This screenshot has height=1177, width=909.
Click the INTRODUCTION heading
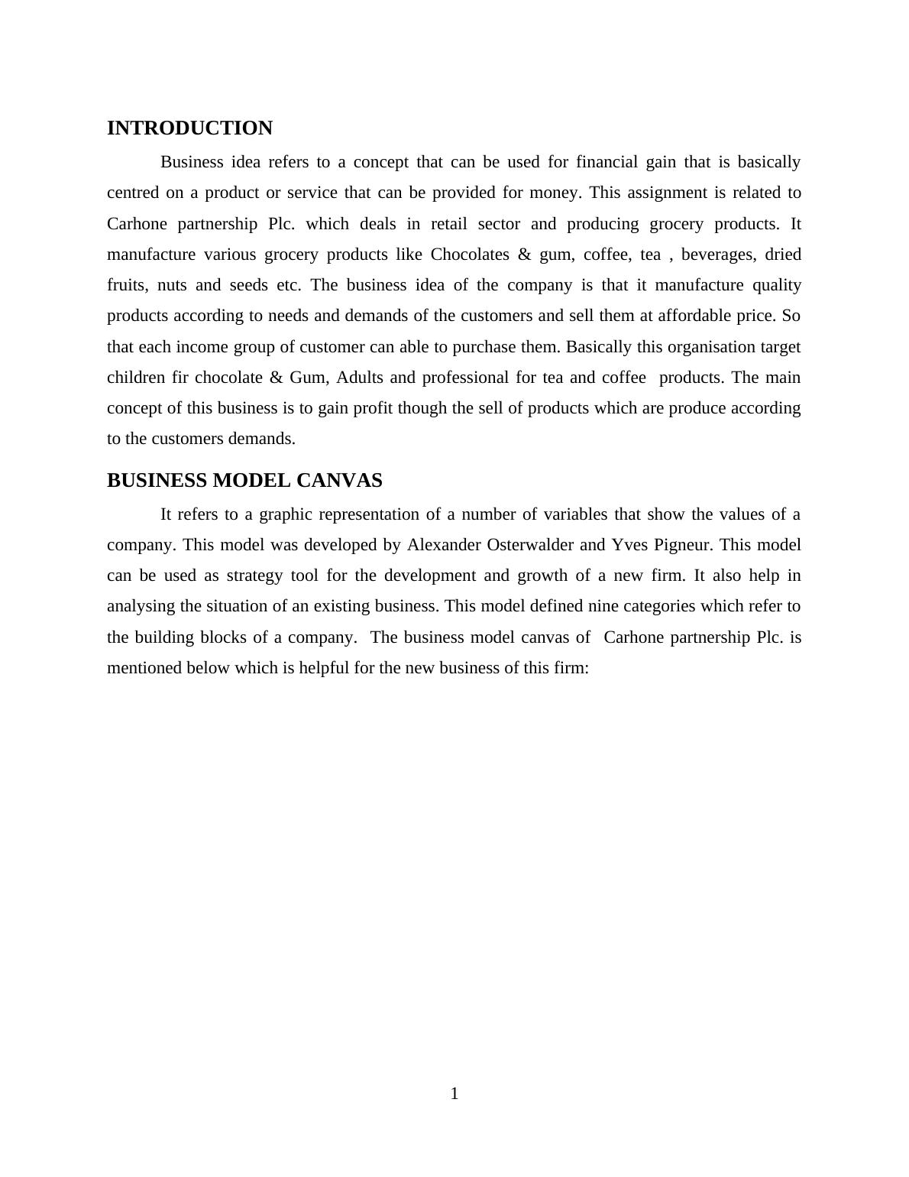tap(189, 128)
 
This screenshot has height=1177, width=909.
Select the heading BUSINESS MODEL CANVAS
tap(244, 481)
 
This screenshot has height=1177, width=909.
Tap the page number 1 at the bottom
tap(454, 1094)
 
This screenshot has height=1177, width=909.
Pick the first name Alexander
tap(443, 545)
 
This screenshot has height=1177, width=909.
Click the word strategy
tap(254, 576)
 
